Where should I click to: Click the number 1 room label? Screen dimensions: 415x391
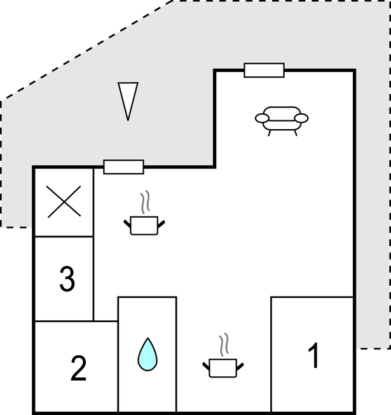[313, 356]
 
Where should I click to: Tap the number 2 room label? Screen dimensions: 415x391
[78, 369]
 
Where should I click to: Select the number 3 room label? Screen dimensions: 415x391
[67, 279]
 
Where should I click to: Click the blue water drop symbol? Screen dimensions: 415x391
[147, 354]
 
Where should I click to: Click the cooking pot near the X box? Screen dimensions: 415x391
[144, 225]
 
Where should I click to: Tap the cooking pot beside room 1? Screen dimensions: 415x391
[223, 367]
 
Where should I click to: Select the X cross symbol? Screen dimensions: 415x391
[64, 202]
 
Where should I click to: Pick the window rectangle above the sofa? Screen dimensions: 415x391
[264, 70]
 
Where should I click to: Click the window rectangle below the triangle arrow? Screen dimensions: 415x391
[123, 167]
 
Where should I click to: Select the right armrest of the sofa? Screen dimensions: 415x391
[301, 118]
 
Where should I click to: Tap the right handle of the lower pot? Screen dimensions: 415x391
[240, 365]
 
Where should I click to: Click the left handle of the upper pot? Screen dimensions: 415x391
[127, 222]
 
